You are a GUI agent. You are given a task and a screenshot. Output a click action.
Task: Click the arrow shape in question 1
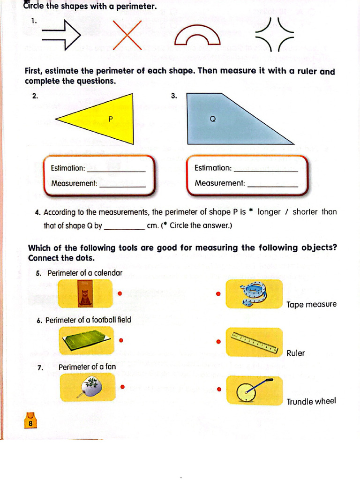(61, 34)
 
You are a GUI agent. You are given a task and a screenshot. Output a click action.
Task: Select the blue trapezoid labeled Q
(225, 120)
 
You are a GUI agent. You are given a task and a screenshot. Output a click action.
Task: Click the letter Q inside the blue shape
(212, 119)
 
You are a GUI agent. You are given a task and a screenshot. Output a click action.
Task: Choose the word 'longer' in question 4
(269, 212)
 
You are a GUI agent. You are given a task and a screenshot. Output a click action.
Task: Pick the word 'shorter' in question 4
(305, 212)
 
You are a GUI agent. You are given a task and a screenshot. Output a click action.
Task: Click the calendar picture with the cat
(85, 293)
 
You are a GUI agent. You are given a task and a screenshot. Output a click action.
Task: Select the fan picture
(88, 387)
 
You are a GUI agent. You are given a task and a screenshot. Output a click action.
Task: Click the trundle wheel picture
(254, 390)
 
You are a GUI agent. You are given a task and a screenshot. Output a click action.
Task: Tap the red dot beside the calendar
(120, 294)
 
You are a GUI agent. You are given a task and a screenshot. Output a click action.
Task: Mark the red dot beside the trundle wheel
(218, 389)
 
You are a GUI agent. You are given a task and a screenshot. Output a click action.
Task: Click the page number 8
(30, 423)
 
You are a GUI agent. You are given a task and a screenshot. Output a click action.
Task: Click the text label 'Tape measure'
(311, 305)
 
